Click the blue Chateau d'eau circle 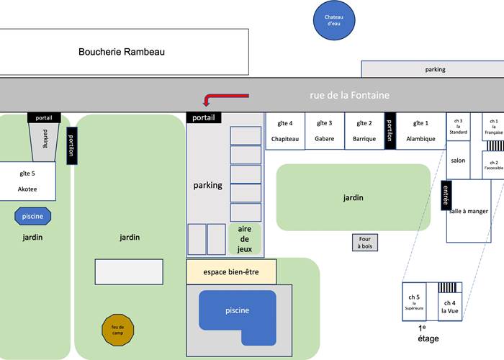[333, 20]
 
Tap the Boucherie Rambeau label [122, 52]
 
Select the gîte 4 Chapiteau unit [286, 131]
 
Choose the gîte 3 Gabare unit [325, 131]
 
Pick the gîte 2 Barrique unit [364, 131]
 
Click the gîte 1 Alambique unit [420, 131]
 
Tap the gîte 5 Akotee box [27, 181]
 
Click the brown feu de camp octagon [117, 328]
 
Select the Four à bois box [365, 243]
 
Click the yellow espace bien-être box [232, 272]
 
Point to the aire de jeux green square [244, 239]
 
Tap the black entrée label [446, 194]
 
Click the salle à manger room [469, 211]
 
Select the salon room [458, 161]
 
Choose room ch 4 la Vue [449, 306]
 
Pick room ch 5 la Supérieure [414, 301]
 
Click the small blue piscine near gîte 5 [33, 215]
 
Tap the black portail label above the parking [204, 117]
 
